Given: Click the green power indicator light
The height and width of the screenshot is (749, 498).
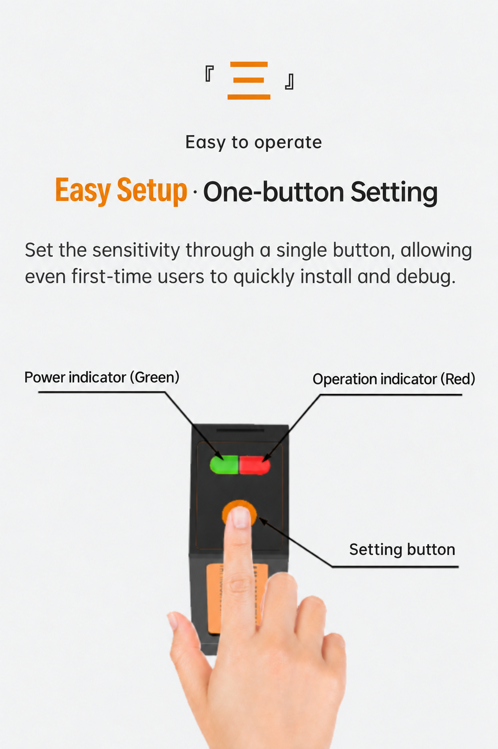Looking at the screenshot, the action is tap(224, 464).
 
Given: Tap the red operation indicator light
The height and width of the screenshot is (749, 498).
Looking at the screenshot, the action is tap(254, 465).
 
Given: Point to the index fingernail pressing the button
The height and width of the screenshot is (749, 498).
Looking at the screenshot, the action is tap(241, 517).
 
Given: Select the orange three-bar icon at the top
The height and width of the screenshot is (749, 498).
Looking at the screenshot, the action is tap(249, 81).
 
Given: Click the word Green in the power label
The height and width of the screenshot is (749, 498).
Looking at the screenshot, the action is tap(155, 377).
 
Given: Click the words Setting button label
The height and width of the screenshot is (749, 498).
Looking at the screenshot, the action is tap(402, 550).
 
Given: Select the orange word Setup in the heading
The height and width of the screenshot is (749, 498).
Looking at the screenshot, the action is tap(151, 190).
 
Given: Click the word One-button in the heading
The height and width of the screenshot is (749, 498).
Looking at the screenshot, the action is tap(273, 192).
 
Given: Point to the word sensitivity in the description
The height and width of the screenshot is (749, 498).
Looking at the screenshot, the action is tap(136, 250).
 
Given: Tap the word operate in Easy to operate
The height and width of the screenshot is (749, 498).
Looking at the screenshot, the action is tap(288, 143).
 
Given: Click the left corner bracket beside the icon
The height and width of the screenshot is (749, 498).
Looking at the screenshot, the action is tap(210, 74).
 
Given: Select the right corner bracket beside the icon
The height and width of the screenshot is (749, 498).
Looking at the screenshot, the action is tap(289, 82).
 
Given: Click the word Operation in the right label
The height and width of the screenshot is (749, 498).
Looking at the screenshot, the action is tap(344, 379).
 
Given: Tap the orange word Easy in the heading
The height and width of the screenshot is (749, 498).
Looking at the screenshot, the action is tap(83, 190).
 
